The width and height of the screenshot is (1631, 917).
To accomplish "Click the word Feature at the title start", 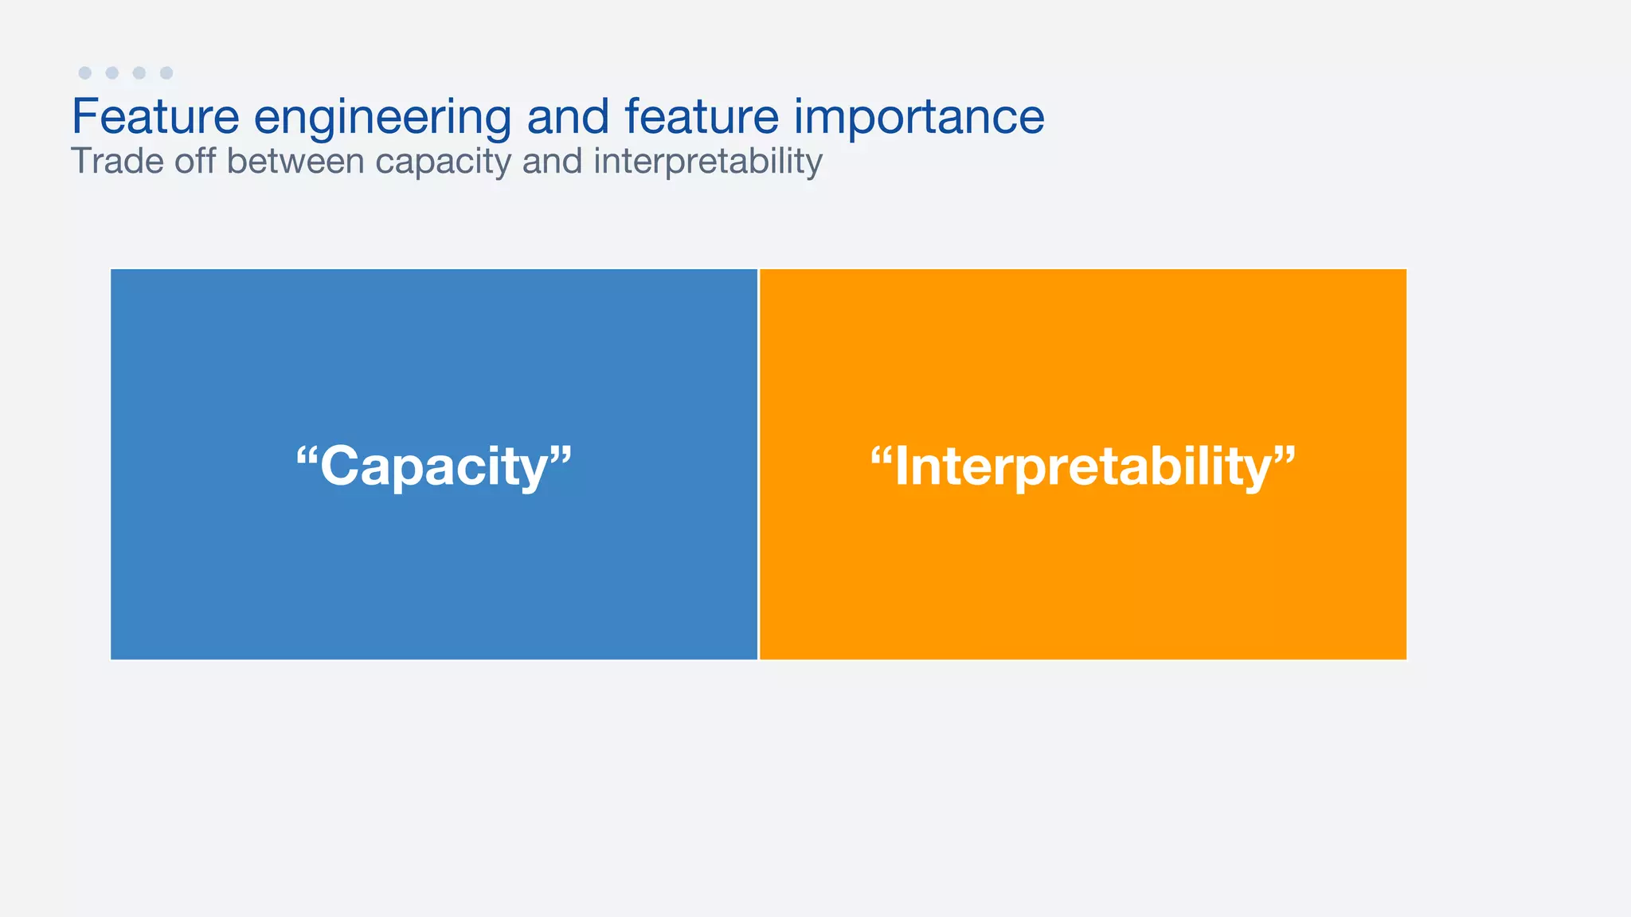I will pyautogui.click(x=155, y=116).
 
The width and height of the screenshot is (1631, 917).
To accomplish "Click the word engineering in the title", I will pyautogui.click(x=382, y=118).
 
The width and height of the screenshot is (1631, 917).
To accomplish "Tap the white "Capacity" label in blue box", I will pyautogui.click(x=434, y=466).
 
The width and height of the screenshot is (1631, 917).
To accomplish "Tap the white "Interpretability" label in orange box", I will pyautogui.click(x=1083, y=466).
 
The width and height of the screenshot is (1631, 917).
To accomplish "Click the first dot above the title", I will pyautogui.click(x=85, y=73).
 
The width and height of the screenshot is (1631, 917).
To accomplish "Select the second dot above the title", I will pyautogui.click(x=112, y=73).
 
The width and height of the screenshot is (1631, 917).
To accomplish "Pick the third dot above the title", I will pyautogui.click(x=139, y=73).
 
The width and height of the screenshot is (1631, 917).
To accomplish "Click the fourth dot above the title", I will pyautogui.click(x=166, y=73).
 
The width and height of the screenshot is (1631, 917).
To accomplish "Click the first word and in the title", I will pyautogui.click(x=568, y=116).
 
